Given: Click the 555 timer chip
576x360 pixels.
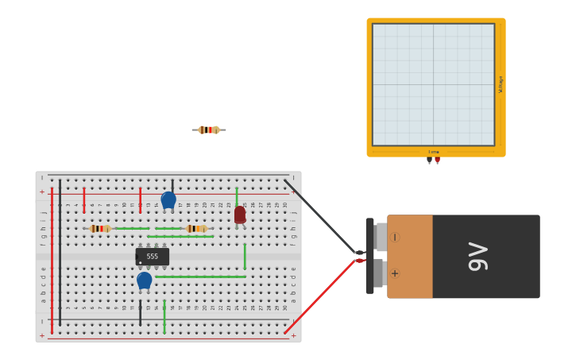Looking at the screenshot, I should [x=152, y=257].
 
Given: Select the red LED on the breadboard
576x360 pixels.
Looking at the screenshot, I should [x=240, y=215].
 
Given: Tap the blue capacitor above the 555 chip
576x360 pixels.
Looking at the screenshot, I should [x=168, y=199].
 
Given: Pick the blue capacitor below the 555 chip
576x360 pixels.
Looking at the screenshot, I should [x=144, y=281].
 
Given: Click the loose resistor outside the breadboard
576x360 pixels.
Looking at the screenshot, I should [x=209, y=130].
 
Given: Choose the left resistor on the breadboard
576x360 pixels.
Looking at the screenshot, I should [x=99, y=228].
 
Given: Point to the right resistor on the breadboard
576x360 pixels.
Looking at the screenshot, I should [x=195, y=228].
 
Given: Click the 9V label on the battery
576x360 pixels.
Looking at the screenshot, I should [x=478, y=256].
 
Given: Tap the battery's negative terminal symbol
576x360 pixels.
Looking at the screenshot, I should [x=395, y=237].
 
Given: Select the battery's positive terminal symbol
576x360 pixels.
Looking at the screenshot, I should [x=395, y=273].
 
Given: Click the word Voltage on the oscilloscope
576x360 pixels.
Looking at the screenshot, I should [x=501, y=84].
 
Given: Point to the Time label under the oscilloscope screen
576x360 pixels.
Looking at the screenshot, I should [x=434, y=152].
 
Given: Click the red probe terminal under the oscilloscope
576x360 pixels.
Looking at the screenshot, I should [x=437, y=160].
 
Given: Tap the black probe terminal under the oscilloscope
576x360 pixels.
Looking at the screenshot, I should [x=429, y=160].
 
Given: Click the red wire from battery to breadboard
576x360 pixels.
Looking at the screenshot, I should [x=322, y=294].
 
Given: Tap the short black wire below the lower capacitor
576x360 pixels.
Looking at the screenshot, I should [x=140, y=312].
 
